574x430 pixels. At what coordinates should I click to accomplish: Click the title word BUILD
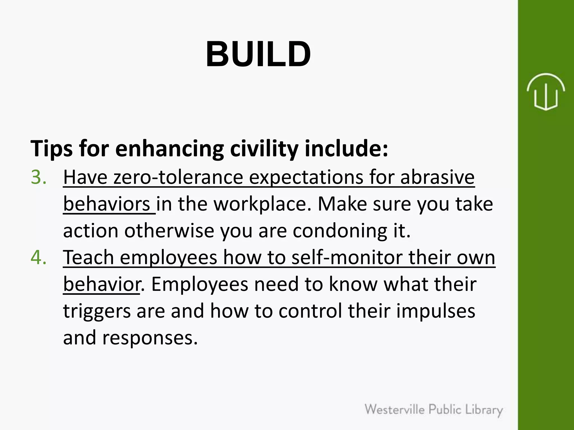tap(258, 54)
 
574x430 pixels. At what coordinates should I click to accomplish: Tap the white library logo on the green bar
tap(545, 92)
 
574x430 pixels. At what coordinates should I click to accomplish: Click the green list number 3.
tap(38, 177)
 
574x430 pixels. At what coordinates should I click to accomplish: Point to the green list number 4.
tap(38, 257)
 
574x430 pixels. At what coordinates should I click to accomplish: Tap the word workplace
tap(263, 204)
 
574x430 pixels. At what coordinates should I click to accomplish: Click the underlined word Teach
tap(88, 257)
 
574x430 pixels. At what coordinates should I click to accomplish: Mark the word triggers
tap(97, 311)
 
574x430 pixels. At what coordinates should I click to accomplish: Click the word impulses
tap(436, 311)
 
